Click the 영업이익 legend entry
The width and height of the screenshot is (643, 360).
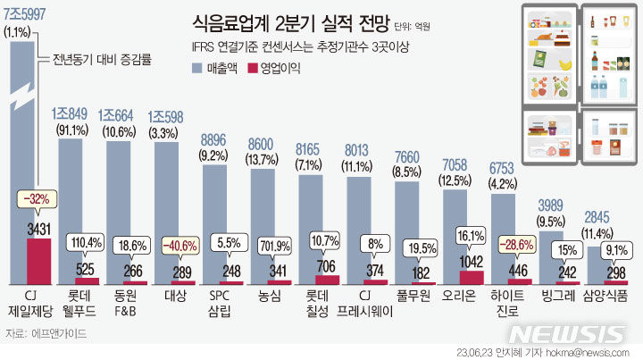pos(276,67)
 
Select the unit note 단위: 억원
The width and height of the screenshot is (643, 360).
pos(411,25)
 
